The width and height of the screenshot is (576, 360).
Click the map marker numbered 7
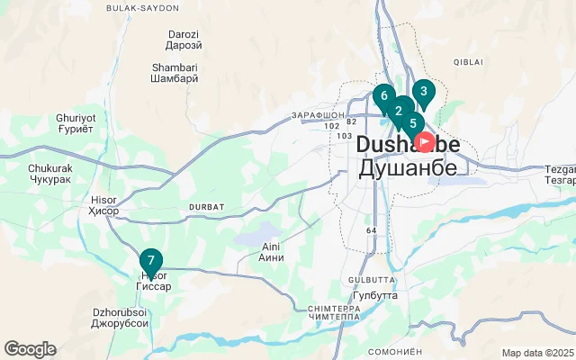click(x=151, y=261)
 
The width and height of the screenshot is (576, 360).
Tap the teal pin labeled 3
click(x=424, y=91)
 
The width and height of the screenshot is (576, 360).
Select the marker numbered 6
click(x=384, y=96)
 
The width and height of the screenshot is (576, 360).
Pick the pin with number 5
click(x=413, y=124)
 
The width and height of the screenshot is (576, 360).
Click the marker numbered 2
click(x=398, y=112)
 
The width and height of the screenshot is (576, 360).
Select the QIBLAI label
click(x=469, y=61)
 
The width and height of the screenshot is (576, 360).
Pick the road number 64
click(x=371, y=230)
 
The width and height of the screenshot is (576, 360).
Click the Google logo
click(x=31, y=349)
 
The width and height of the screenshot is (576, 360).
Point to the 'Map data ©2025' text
click(x=537, y=353)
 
